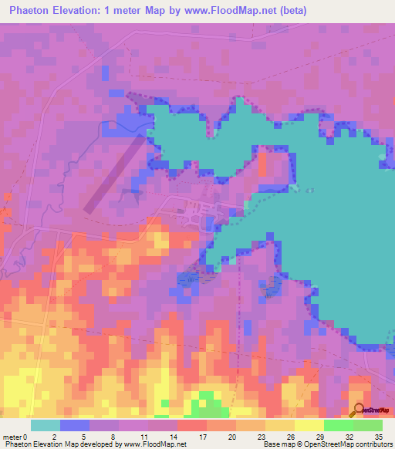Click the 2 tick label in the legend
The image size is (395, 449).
54,436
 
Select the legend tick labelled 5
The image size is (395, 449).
83,436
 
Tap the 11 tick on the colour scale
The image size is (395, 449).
142,436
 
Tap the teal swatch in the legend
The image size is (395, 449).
45,425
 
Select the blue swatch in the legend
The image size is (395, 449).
74,425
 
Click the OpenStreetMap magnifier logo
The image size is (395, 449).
357,410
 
